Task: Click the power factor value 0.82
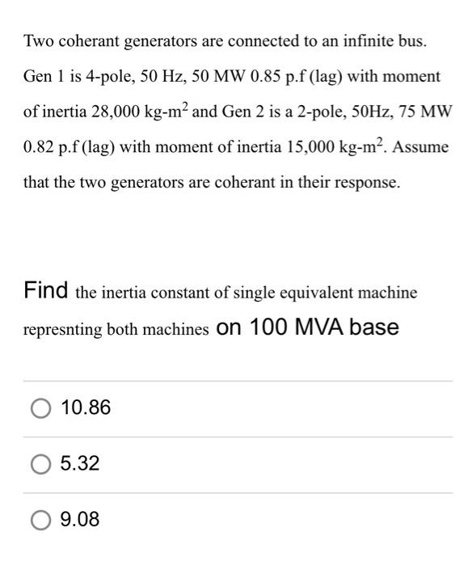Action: [40, 148]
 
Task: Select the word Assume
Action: [423, 148]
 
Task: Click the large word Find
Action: [45, 290]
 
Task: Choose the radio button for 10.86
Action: [40, 408]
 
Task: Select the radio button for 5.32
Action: [40, 464]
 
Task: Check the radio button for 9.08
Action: [40, 520]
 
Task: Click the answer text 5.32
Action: [81, 464]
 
